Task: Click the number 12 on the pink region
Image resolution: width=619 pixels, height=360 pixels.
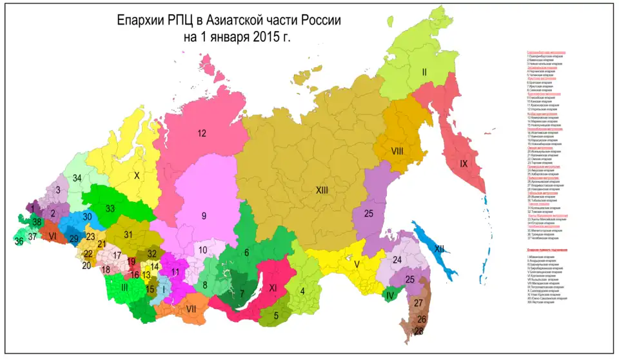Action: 201,134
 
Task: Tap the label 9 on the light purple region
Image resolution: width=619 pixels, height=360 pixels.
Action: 203,216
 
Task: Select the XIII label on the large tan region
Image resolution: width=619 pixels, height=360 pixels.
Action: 322,190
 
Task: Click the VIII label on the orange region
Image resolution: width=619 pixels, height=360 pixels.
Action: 397,151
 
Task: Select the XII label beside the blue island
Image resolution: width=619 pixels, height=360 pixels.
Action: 439,248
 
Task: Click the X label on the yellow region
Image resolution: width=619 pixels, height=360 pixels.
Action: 136,175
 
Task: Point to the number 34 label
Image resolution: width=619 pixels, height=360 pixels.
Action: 77,178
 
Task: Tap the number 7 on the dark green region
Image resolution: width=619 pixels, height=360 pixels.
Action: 241,294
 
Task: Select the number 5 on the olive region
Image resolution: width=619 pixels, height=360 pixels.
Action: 276,315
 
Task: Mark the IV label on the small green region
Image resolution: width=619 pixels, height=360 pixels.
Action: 389,296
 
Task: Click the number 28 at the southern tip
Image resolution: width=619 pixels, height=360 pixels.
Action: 419,331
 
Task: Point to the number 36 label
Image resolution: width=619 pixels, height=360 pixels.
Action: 19,241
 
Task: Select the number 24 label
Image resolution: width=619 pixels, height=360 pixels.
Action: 397,259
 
